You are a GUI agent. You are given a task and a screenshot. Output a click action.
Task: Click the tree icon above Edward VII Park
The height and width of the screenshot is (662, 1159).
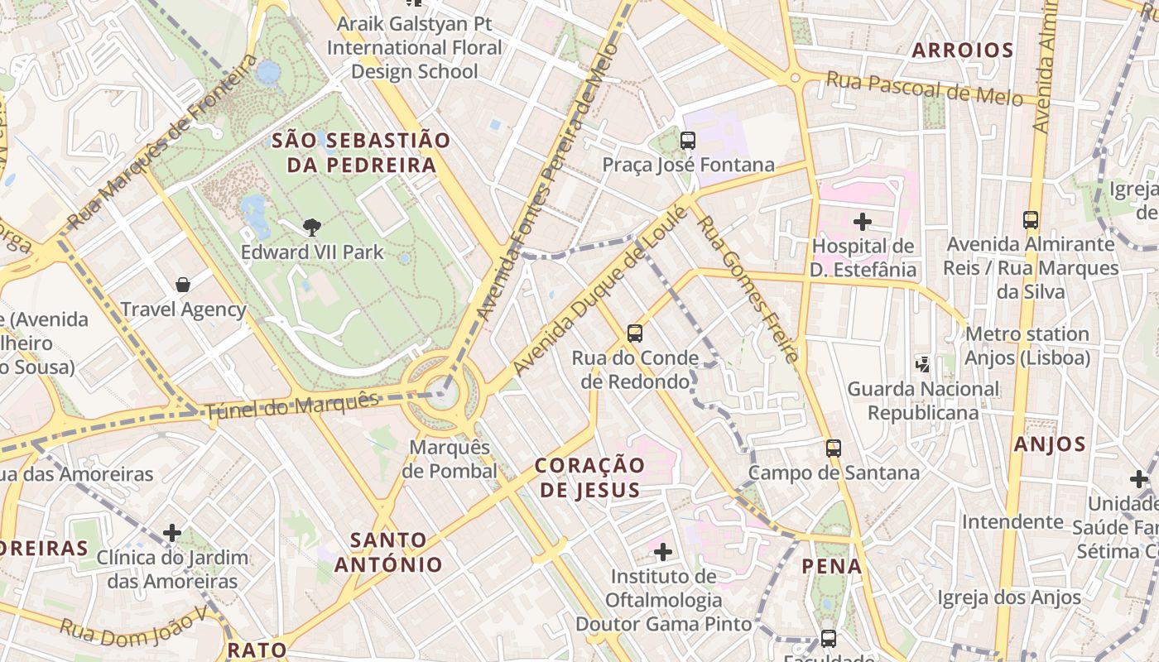[311, 227]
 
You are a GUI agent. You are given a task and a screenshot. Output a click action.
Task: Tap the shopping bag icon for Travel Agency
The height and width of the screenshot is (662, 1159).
[183, 285]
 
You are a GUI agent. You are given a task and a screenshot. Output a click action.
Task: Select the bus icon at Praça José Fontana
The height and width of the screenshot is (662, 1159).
[687, 141]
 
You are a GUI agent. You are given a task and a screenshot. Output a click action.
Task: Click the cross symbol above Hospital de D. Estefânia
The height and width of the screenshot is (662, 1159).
[863, 221]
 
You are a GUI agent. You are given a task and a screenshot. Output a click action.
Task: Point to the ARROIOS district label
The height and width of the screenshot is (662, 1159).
[962, 50]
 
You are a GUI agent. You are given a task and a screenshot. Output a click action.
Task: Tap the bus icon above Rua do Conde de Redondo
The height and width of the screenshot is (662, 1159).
[634, 333]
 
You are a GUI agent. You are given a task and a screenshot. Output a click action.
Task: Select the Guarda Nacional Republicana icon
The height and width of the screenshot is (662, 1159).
[922, 363]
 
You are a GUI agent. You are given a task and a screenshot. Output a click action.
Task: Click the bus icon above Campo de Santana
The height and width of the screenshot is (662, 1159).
[833, 449]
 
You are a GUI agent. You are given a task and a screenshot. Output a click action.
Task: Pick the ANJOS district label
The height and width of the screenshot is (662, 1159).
[1049, 444]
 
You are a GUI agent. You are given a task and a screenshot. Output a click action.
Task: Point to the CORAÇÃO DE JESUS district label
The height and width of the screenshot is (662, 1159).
[589, 477]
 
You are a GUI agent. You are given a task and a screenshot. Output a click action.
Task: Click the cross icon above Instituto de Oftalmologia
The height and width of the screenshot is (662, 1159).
[662, 551]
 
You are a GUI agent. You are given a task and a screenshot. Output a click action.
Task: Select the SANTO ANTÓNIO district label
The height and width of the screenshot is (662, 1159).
[389, 553]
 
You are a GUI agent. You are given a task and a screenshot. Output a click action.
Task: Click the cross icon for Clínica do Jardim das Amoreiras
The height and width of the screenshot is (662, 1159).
[172, 532]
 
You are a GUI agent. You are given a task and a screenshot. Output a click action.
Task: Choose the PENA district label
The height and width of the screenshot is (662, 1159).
[832, 567]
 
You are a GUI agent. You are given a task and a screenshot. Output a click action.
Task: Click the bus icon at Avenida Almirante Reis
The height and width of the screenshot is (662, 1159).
[1030, 220]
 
